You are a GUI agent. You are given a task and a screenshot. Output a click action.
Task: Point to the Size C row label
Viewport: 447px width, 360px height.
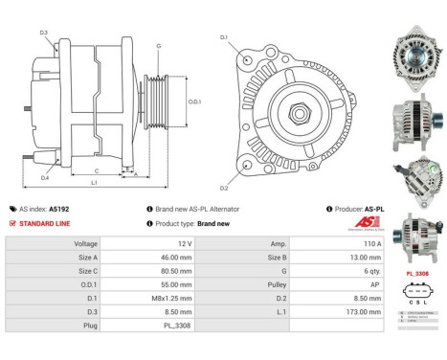(x=86, y=271)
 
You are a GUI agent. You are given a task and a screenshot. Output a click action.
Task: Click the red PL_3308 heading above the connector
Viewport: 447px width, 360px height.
(x=417, y=274)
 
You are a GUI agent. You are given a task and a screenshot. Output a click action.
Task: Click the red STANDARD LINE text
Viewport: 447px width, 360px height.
(x=45, y=223)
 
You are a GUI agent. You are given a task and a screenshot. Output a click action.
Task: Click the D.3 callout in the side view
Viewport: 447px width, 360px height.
(x=44, y=34)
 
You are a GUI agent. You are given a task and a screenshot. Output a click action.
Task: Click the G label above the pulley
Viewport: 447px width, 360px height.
(x=158, y=46)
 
